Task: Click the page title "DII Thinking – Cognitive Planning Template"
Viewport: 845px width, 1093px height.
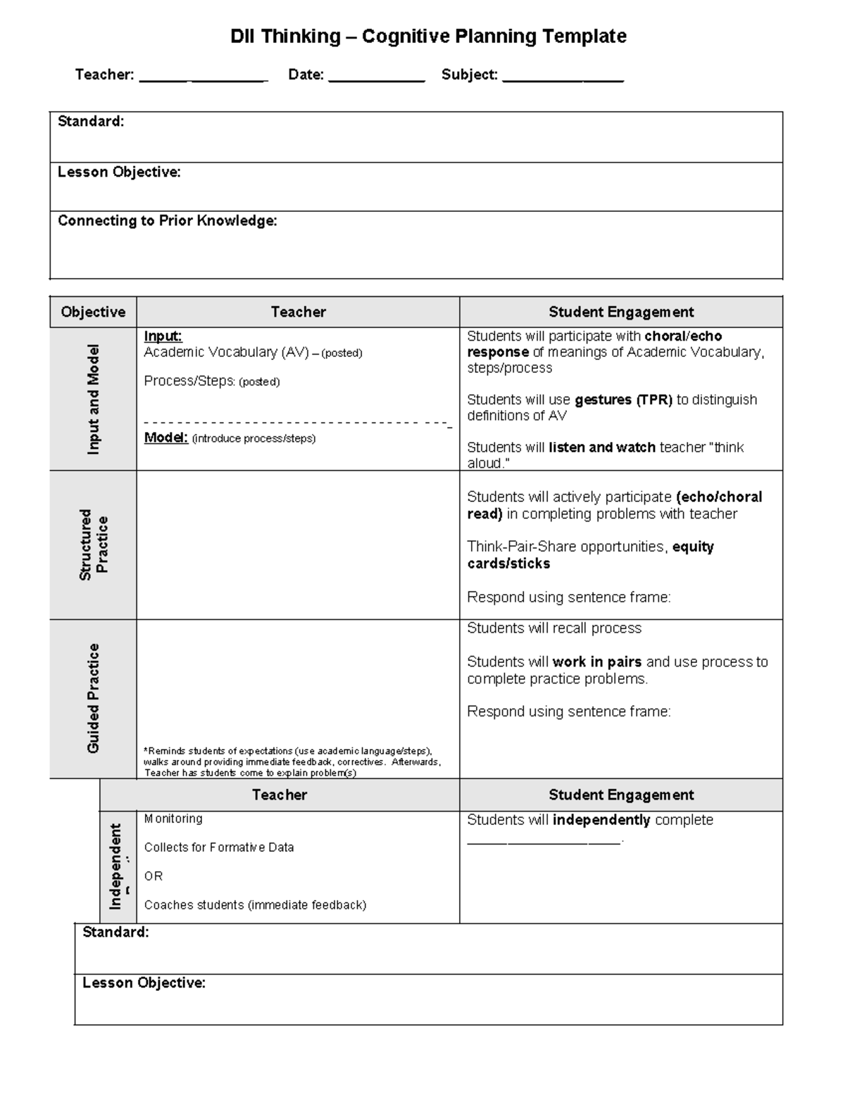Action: point(428,37)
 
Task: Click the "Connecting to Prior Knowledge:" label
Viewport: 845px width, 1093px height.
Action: point(168,221)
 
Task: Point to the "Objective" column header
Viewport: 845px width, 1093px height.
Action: point(93,312)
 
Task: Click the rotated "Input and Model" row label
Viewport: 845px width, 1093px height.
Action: point(93,399)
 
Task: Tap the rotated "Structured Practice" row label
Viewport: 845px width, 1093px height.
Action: point(93,545)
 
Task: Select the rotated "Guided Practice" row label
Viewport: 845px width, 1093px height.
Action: point(93,698)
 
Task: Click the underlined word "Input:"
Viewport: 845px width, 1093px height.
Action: point(163,336)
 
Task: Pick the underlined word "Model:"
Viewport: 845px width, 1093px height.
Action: point(165,438)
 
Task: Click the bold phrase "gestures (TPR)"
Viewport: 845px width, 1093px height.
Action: point(623,400)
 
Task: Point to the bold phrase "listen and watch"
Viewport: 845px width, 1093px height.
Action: point(601,448)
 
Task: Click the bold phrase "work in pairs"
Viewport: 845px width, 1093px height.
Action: point(596,662)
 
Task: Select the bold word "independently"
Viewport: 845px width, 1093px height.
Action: point(601,820)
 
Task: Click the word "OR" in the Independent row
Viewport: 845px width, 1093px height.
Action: point(154,876)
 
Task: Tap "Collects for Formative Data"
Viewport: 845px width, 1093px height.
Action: point(219,847)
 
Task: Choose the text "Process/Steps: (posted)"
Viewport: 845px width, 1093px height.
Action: point(211,381)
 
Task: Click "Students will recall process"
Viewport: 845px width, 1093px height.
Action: point(554,628)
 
